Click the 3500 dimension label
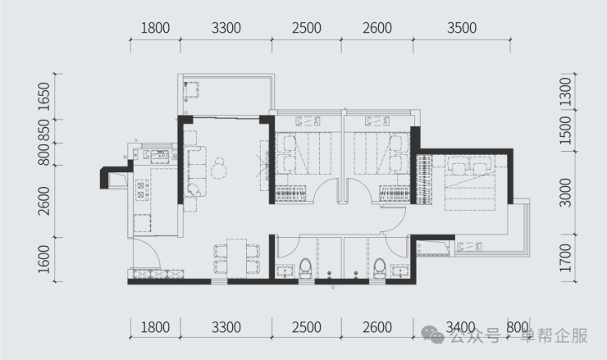[x=462, y=28]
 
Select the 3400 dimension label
[x=460, y=327]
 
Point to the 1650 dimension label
[x=44, y=97]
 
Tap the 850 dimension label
[x=44, y=130]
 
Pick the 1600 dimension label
[x=44, y=259]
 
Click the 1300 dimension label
[x=566, y=92]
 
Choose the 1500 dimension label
[x=566, y=130]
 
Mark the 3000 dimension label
[x=566, y=193]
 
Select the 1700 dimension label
[x=566, y=257]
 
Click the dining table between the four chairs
[x=236, y=258]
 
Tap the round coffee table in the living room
[x=219, y=171]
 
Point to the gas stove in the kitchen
[x=141, y=189]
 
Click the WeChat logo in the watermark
[x=433, y=335]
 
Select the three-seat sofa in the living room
[x=196, y=171]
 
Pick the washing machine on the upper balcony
[x=191, y=90]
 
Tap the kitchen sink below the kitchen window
[x=157, y=156]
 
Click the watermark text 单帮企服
[x=554, y=335]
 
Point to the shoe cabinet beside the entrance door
[x=158, y=274]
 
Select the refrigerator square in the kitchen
[x=142, y=223]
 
